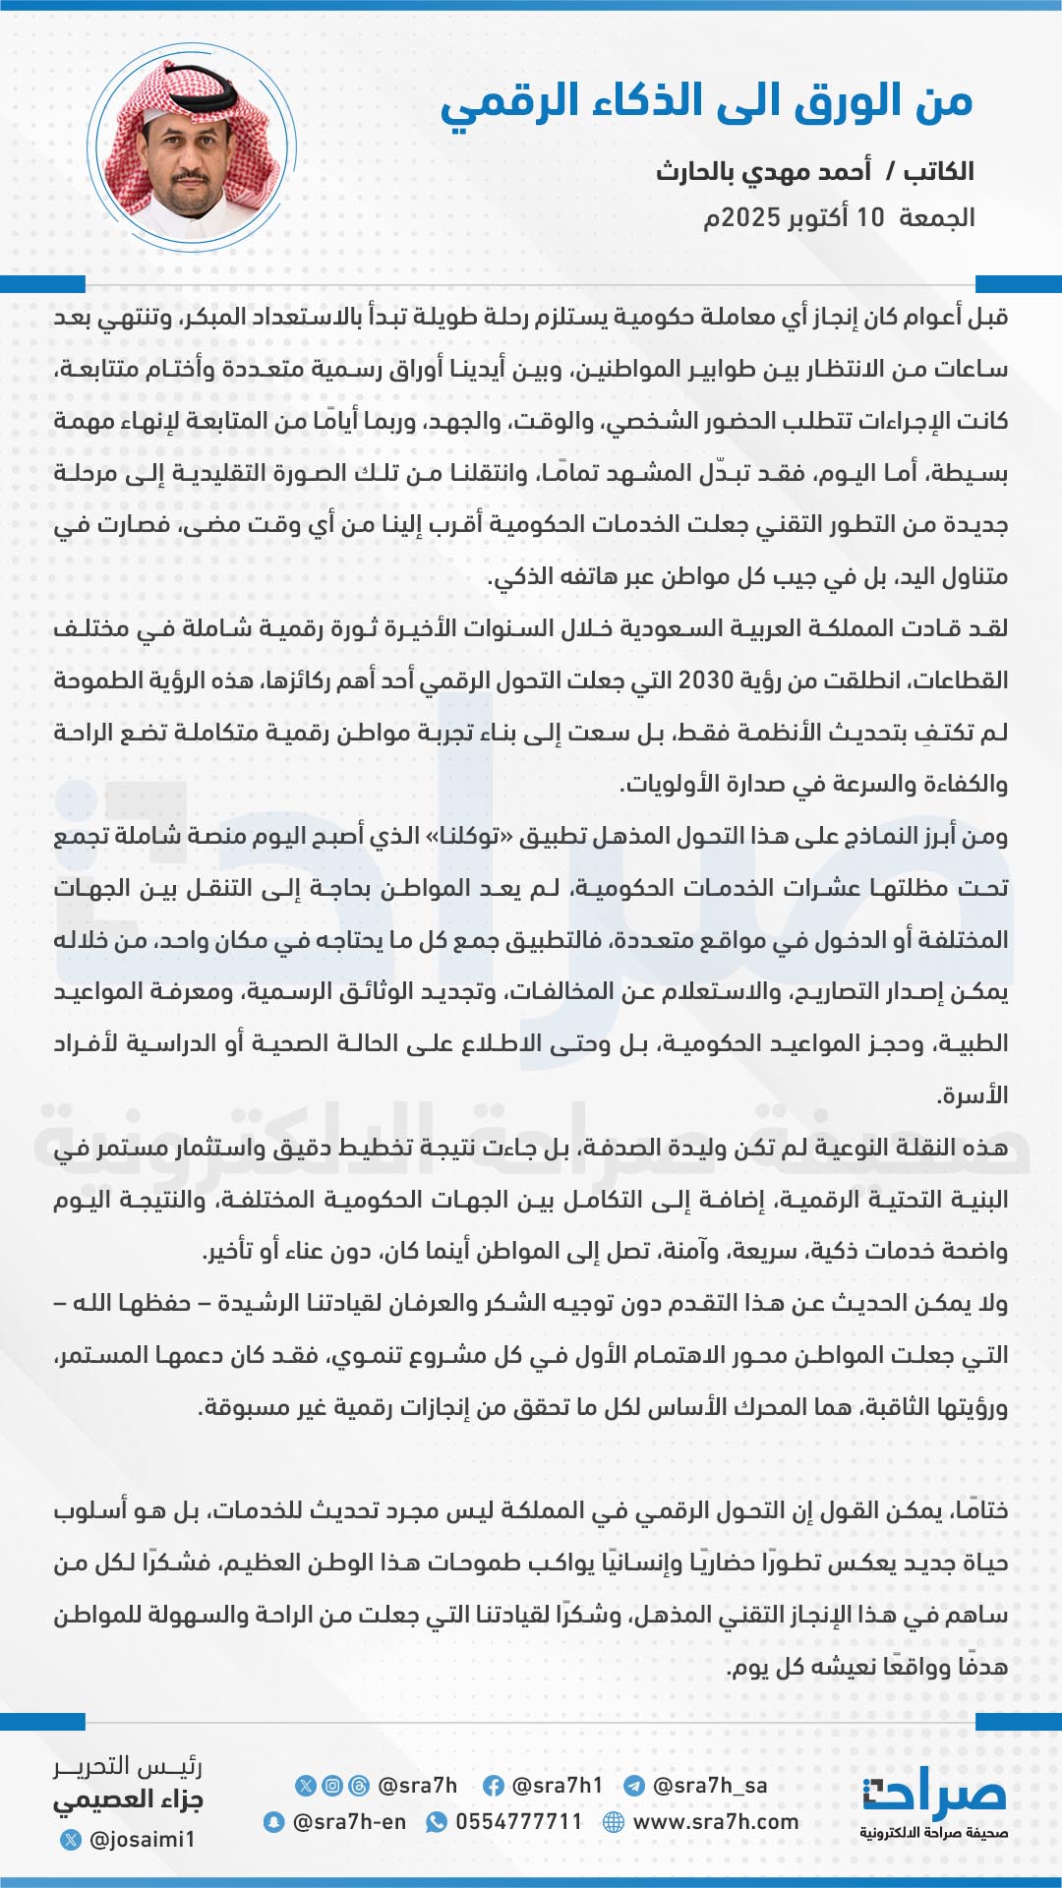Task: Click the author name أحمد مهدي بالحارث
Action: (763, 171)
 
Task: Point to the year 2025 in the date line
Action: (750, 217)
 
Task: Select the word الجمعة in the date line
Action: (936, 217)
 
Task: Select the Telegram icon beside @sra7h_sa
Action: (634, 1786)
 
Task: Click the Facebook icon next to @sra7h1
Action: (494, 1786)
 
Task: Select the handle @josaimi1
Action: (142, 1839)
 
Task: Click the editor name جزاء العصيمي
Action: (128, 1799)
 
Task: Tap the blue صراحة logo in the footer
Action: (934, 1796)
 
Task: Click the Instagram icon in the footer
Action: (333, 1786)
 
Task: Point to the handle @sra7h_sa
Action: (710, 1786)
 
